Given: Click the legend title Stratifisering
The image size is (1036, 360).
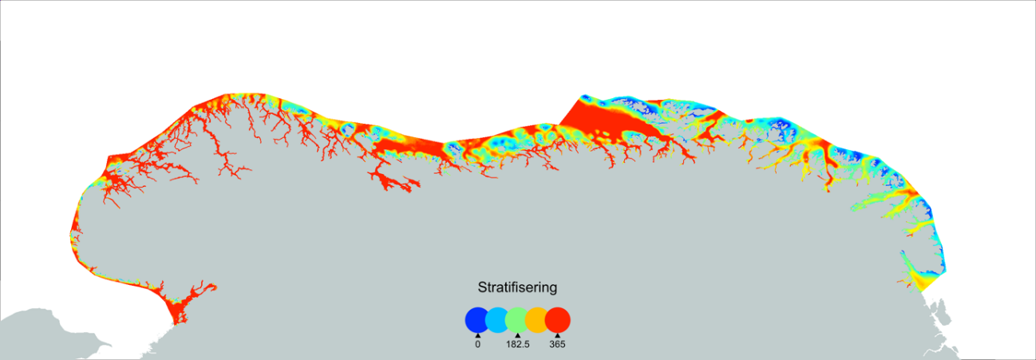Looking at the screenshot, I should (517, 287).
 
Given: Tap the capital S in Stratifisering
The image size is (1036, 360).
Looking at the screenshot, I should (482, 287).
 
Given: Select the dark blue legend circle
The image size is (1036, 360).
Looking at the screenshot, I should (477, 320).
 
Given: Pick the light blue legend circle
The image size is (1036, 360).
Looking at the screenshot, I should (497, 320).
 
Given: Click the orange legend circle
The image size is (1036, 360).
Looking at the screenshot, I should (537, 320).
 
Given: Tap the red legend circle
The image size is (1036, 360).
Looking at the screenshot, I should (557, 320).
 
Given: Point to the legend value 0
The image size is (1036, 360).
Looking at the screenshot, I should (477, 345).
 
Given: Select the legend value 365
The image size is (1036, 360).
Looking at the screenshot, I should (557, 345).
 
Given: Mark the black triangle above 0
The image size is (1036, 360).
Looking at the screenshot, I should (477, 335).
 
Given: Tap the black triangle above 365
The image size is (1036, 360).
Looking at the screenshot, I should (557, 335).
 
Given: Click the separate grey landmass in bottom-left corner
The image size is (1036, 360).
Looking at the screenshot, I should (40, 335).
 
